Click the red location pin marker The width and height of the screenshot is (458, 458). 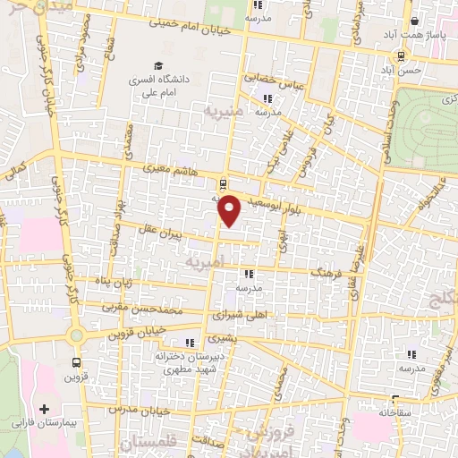(231, 211)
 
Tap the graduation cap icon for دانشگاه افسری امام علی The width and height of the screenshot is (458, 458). (158, 66)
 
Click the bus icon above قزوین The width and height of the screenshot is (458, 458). (76, 363)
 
